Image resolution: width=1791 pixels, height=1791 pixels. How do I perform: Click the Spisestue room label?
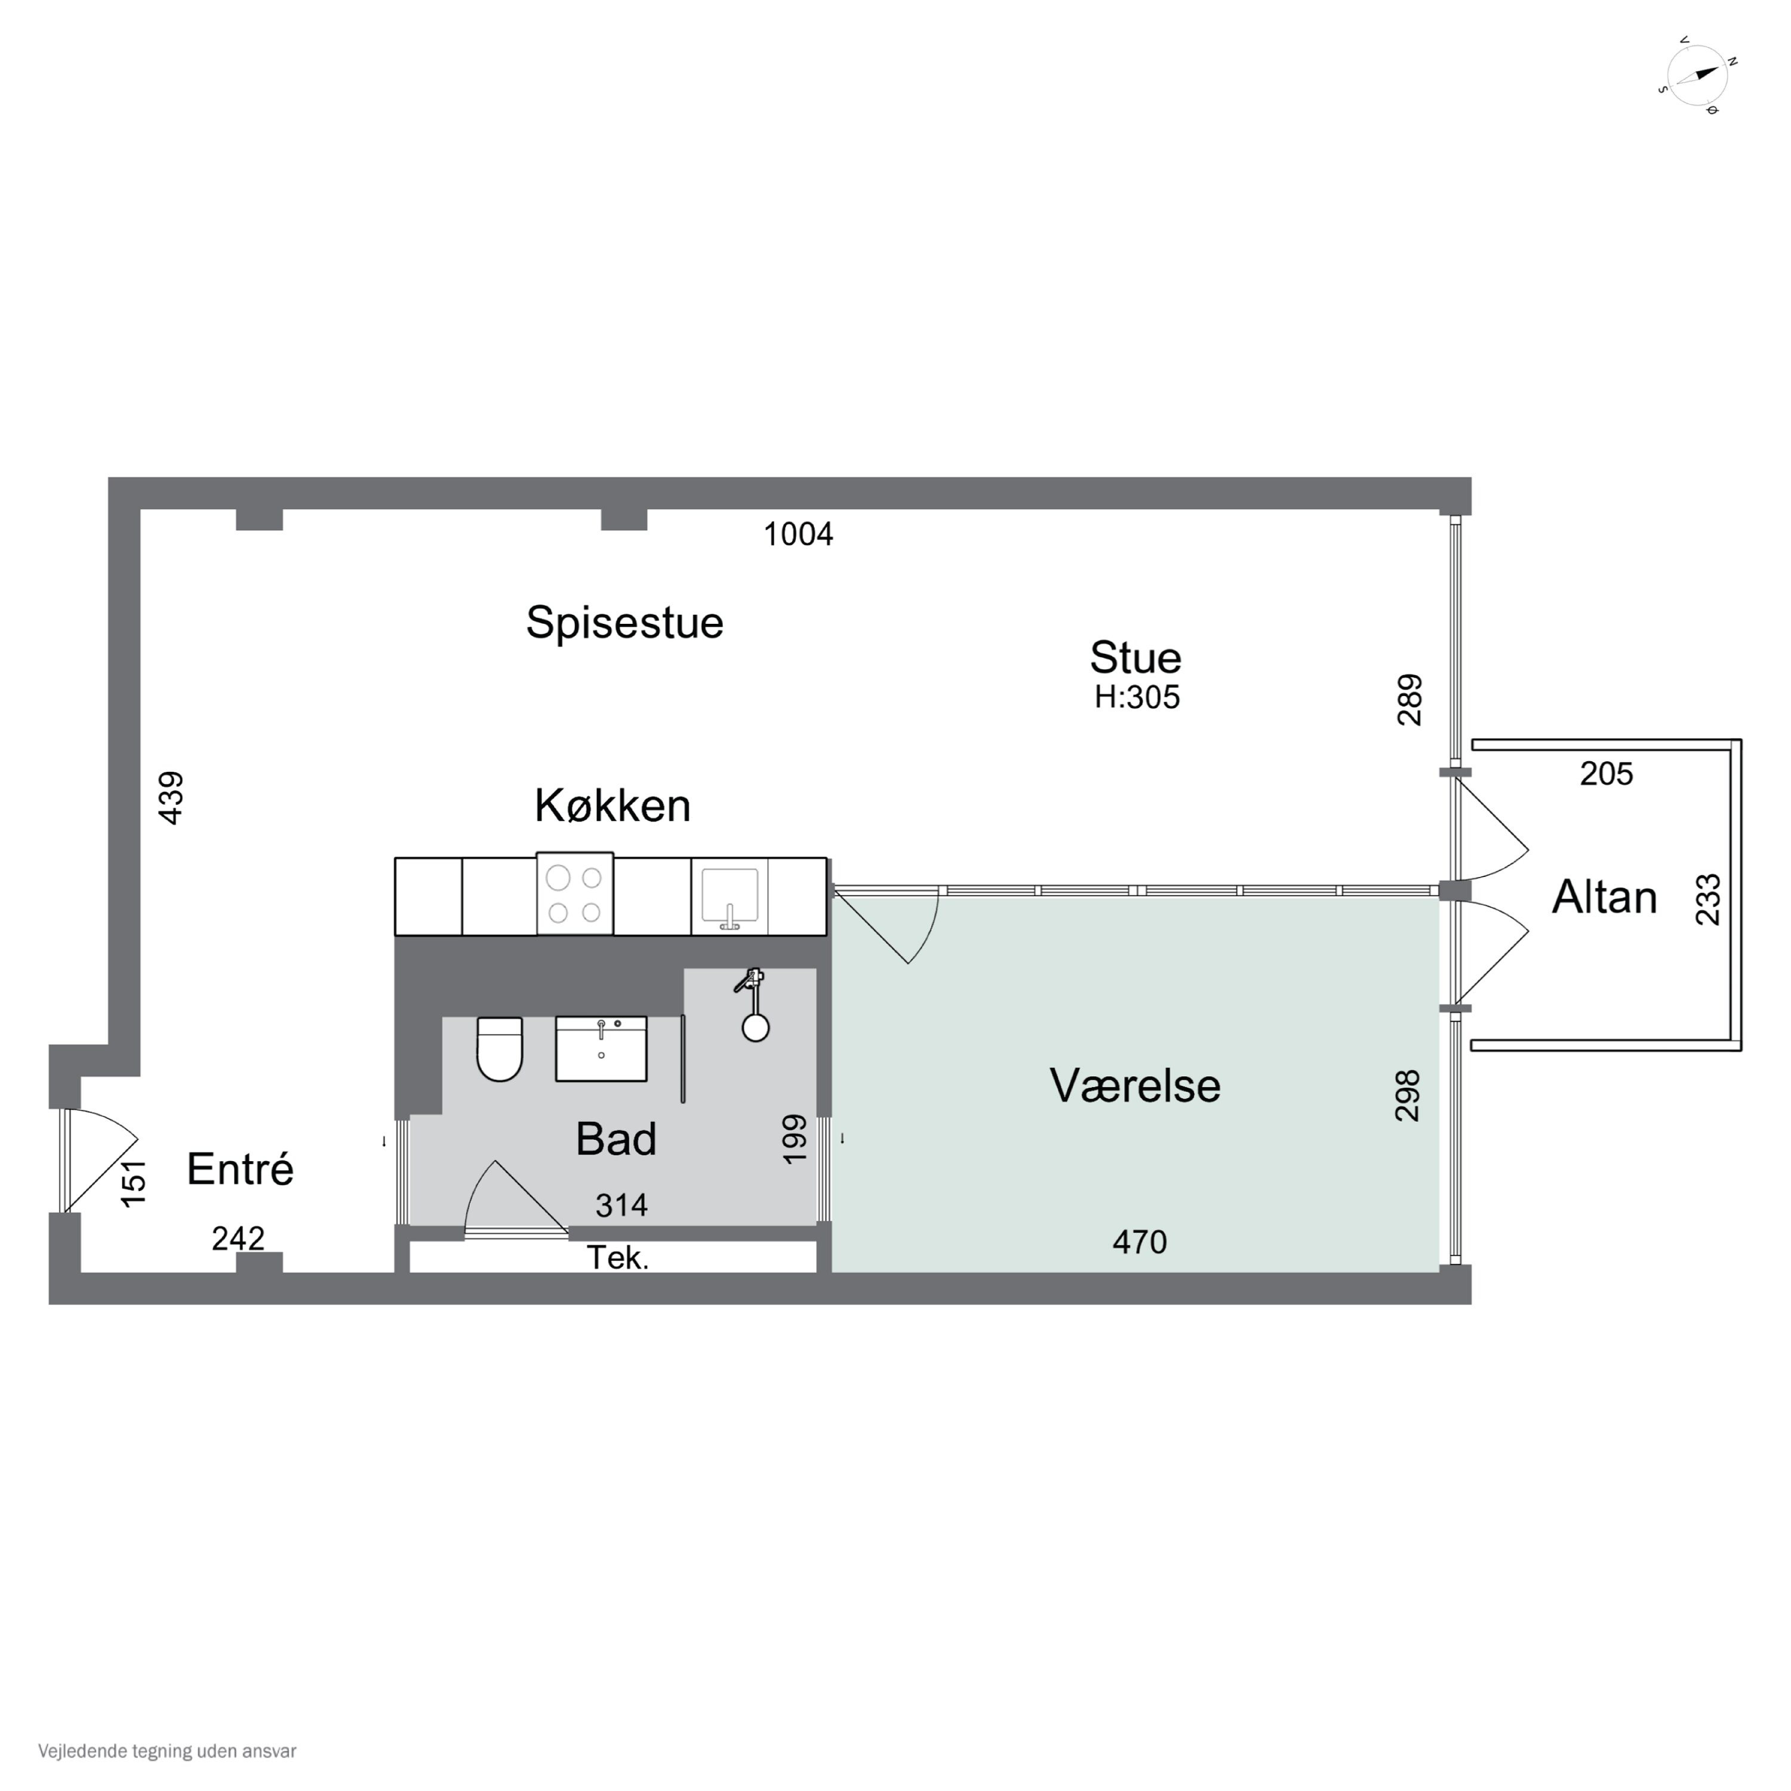(624, 622)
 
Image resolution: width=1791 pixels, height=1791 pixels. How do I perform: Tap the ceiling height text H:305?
(1137, 697)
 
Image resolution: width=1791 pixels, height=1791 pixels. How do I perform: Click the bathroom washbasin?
(601, 1048)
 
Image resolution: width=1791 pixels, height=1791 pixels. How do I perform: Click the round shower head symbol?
(756, 1027)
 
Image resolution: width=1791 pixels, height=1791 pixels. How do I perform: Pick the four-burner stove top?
(575, 894)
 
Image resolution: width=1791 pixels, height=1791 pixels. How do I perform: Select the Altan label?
(1604, 897)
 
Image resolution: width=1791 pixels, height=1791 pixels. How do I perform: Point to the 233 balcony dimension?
(1707, 899)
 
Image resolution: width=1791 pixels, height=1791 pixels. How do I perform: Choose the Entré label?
(240, 1169)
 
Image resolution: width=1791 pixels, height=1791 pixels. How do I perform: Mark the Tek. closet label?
(617, 1258)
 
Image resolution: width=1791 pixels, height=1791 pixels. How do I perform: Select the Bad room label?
(616, 1139)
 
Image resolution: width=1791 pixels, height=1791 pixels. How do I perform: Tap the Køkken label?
(612, 805)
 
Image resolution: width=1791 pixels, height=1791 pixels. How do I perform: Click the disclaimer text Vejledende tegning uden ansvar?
(167, 1751)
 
